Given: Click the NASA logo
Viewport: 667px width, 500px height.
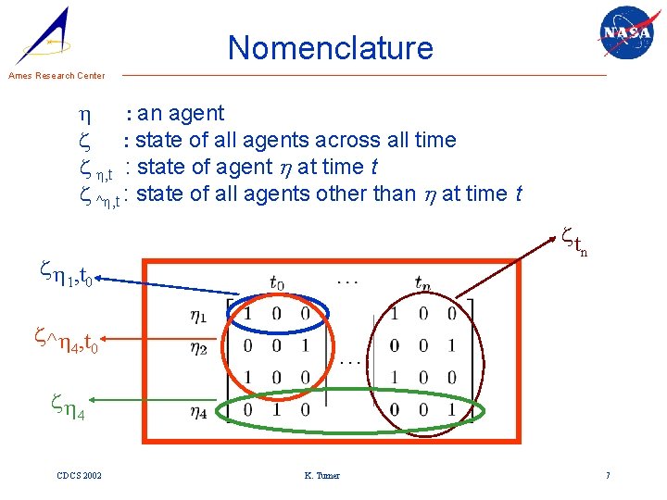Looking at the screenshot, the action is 625,34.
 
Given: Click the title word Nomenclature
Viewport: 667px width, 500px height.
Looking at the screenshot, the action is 331,47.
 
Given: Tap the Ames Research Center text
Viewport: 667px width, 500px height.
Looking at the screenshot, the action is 57,76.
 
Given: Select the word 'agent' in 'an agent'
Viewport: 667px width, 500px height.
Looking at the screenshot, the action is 195,113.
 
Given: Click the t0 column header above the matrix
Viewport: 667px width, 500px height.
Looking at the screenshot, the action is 277,282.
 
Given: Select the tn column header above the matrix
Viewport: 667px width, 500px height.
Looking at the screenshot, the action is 422,282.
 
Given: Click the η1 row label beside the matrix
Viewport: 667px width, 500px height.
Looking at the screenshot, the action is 199,316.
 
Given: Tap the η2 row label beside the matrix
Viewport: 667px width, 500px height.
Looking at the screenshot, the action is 199,348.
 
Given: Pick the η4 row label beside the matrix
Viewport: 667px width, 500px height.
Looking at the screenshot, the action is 199,412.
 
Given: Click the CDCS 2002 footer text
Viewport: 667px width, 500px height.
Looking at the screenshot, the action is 79,475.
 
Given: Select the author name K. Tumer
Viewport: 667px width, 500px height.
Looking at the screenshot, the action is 321,475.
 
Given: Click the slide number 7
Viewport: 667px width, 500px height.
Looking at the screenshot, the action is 608,475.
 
